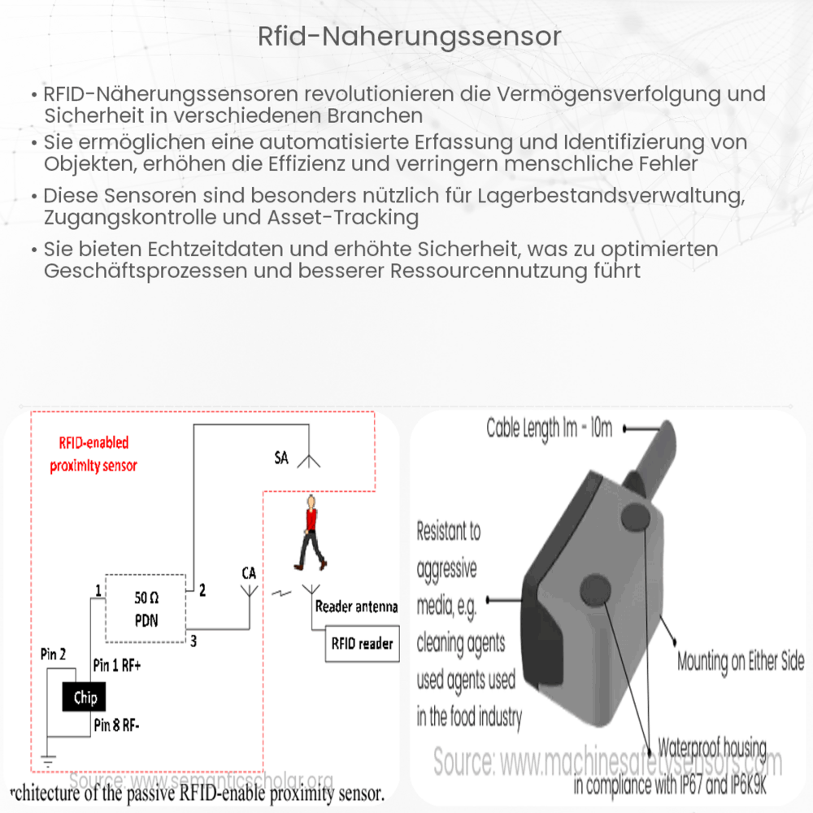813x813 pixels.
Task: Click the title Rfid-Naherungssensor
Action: (406, 37)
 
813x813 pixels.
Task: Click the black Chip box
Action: (85, 697)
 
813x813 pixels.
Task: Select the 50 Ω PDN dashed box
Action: (146, 607)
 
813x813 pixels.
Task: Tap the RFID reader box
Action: (362, 643)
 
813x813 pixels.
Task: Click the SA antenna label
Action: (281, 459)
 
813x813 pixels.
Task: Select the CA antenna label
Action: (249, 573)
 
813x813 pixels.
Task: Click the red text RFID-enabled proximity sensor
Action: (93, 454)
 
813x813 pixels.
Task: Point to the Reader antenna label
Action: (356, 606)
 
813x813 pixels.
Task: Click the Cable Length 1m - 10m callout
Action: (549, 428)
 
